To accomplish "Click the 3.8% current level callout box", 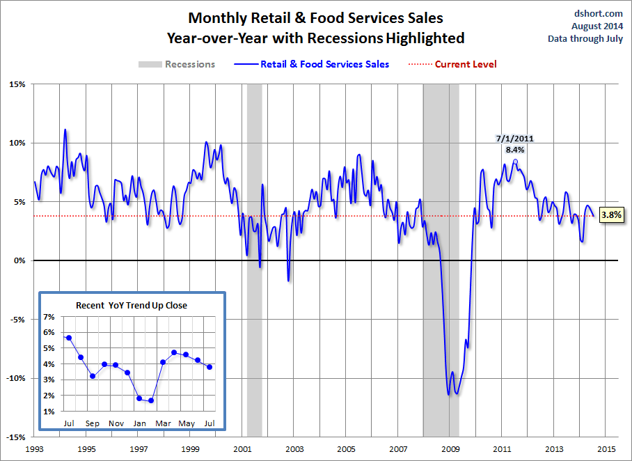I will [x=611, y=215].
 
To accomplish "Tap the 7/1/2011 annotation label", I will [x=515, y=138].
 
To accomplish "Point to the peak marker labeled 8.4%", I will [x=515, y=161].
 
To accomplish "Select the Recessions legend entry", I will [x=177, y=64].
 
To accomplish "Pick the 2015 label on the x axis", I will [x=606, y=449].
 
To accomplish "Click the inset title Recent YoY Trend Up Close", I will [x=132, y=305].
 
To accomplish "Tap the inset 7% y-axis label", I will [x=49, y=317].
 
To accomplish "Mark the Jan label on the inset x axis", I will [x=140, y=423].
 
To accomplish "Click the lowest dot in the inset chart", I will [x=151, y=400].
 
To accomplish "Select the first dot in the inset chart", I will [x=69, y=338].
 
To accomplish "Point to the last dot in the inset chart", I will [x=210, y=367].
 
